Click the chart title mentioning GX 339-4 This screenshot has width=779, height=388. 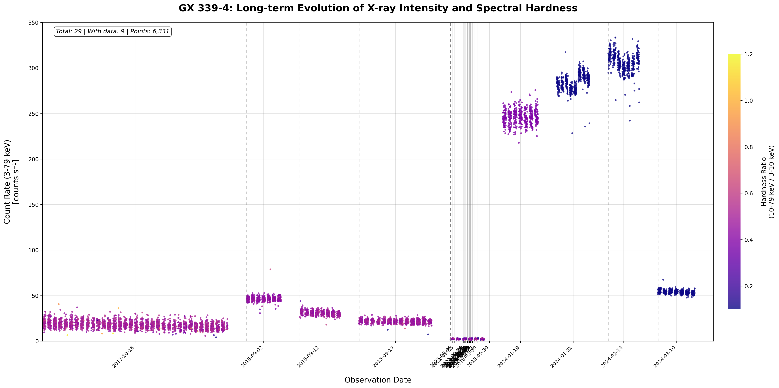pyautogui.click(x=378, y=8)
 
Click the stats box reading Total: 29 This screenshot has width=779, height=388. pyautogui.click(x=112, y=31)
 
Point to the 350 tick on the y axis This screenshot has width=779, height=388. pyautogui.click(x=35, y=23)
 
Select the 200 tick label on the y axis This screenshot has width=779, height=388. pyautogui.click(x=35, y=159)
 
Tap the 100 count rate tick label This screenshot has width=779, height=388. pyautogui.click(x=35, y=250)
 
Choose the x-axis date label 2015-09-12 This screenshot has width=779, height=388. pyautogui.click(x=308, y=357)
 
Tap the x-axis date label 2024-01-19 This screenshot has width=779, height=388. pyautogui.click(x=509, y=357)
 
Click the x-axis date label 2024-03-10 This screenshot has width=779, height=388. pyautogui.click(x=665, y=357)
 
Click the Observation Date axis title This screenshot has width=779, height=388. pyautogui.click(x=378, y=380)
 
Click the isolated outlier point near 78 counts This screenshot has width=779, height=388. pyautogui.click(x=270, y=269)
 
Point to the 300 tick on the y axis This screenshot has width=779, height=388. pyautogui.click(x=35, y=68)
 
